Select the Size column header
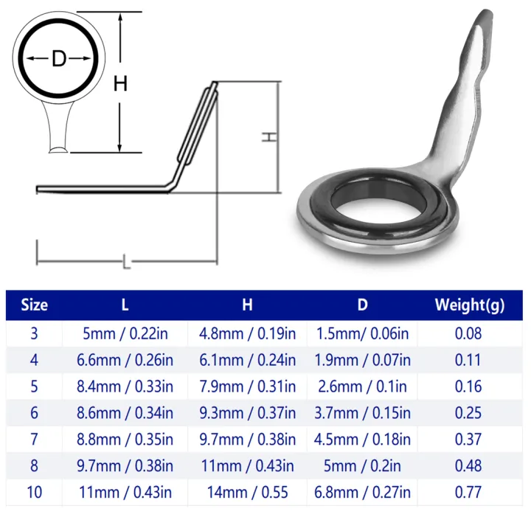pos(34,305)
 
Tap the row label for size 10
pos(34,492)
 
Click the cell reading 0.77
pos(468,492)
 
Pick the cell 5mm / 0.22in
pos(125,333)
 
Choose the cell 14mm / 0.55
pos(247,492)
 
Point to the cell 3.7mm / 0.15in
pos(362,413)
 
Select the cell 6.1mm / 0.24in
pos(247,360)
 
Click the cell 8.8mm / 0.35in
pos(125,440)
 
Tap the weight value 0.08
pos(468,333)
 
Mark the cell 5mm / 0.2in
pos(362,466)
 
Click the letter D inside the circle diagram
pos(59,59)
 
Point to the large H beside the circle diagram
pos(120,83)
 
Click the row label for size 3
pos(34,333)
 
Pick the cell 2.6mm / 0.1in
pos(362,386)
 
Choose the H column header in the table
pos(247,305)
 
